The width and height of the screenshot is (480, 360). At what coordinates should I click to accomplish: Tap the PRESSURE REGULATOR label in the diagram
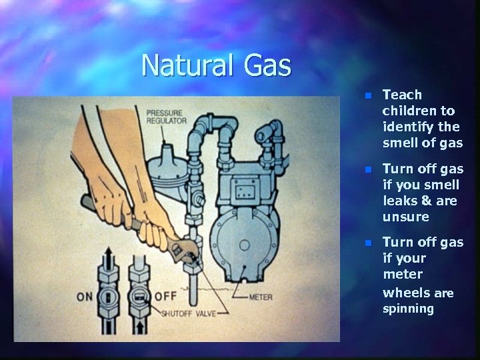point(166,117)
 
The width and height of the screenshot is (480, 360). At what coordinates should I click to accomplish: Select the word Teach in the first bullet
point(402,95)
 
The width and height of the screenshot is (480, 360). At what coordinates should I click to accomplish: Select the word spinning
point(408,309)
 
